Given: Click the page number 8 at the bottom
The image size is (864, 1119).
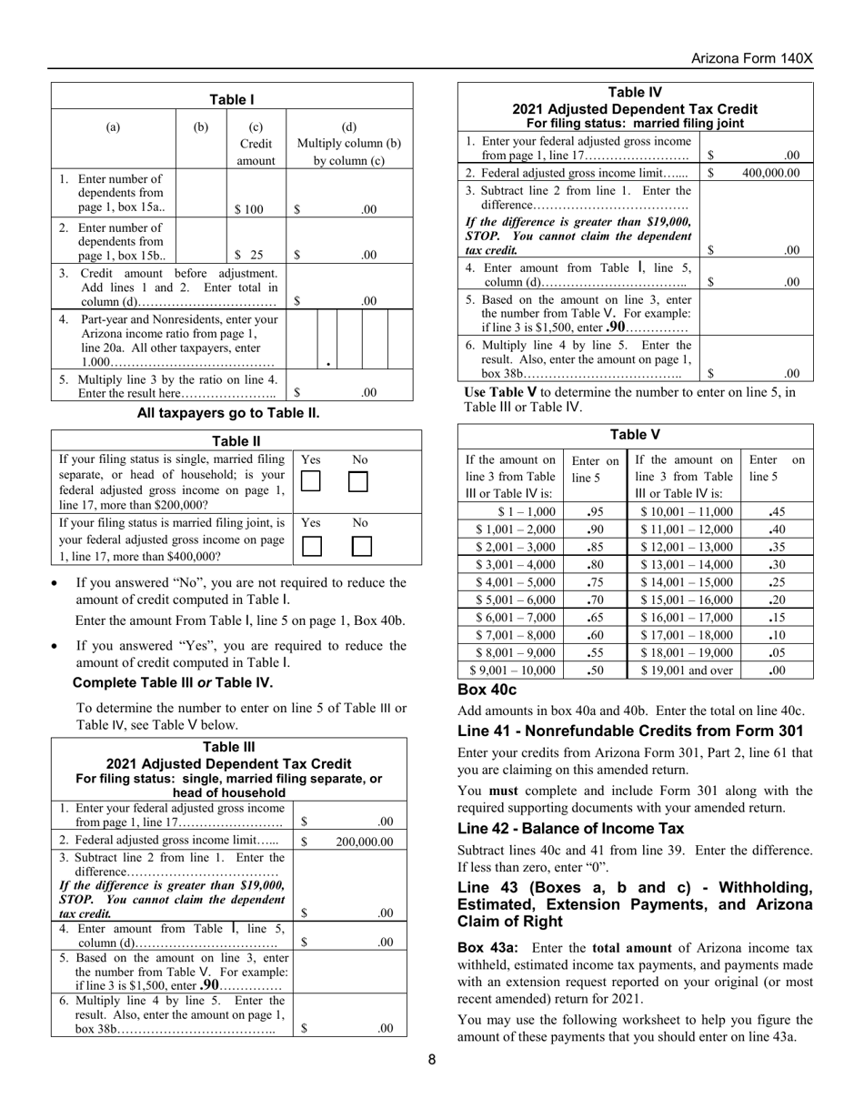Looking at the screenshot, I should pyautogui.click(x=432, y=1058).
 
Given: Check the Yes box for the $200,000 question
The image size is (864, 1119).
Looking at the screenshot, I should pyautogui.click(x=311, y=482).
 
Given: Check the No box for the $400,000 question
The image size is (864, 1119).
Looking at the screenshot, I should pyautogui.click(x=362, y=546).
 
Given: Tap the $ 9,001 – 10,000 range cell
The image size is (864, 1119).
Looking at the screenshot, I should pyautogui.click(x=510, y=670).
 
